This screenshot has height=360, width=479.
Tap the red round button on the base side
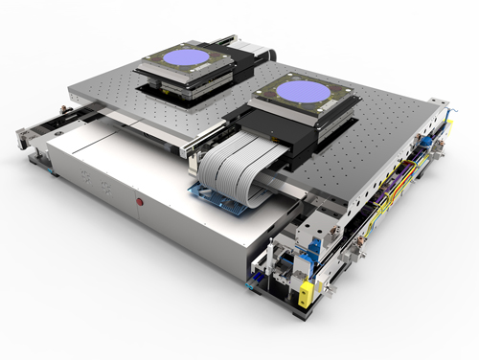[x=140, y=203]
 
